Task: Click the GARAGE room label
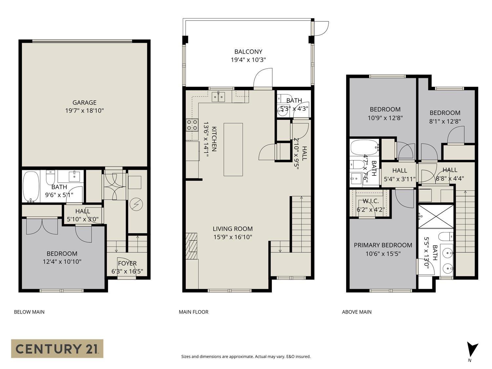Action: coord(84,103)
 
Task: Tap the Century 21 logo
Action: coord(57,348)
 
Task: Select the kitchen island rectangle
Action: coord(233,150)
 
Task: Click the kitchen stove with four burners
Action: coord(192,125)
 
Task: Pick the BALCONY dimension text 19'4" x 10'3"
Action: coord(248,60)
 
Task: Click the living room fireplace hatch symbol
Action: coord(192,246)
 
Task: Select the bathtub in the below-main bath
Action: coord(31,186)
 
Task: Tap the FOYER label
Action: coord(127,263)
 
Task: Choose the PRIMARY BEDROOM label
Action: coord(383,245)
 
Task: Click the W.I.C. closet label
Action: coord(371,201)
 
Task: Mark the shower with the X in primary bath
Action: coord(436,216)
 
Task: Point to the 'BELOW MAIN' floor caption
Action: coord(29,312)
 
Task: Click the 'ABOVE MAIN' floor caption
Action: coord(357,312)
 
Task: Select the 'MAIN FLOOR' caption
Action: coord(194,312)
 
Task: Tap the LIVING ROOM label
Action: coord(233,229)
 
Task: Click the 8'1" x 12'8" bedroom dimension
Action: coord(445,121)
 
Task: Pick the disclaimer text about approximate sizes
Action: coord(246,357)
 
